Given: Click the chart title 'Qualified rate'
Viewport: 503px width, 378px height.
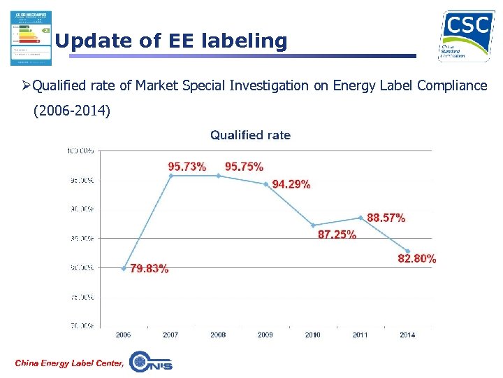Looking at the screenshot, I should pos(250,135).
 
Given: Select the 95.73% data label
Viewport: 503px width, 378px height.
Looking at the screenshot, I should pos(187,167).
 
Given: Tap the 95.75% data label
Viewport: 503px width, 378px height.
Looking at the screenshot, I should pos(244,167).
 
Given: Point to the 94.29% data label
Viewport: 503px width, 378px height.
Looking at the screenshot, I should pos(291,184).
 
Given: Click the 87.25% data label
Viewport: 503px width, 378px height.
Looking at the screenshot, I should pos(337,235).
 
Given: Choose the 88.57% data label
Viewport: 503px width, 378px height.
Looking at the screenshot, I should pos(386,218).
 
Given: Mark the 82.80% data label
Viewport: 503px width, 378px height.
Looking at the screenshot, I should pos(417,259).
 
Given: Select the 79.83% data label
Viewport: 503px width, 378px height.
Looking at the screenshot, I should pos(149,269).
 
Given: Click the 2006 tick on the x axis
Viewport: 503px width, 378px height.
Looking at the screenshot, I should pos(123,335).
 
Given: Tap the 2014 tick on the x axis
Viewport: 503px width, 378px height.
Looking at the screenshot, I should pos(407,335).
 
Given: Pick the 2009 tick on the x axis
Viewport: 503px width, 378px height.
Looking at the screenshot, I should pos(265,335).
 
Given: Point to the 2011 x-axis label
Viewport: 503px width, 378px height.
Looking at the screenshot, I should pos(360,335).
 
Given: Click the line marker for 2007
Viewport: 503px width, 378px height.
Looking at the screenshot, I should pos(170,175).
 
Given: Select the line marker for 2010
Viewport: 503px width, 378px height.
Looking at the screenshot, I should pos(313,225).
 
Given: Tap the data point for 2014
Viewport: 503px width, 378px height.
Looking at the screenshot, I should pos(407,251).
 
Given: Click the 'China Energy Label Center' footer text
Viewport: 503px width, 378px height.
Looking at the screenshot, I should pos(68,362).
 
